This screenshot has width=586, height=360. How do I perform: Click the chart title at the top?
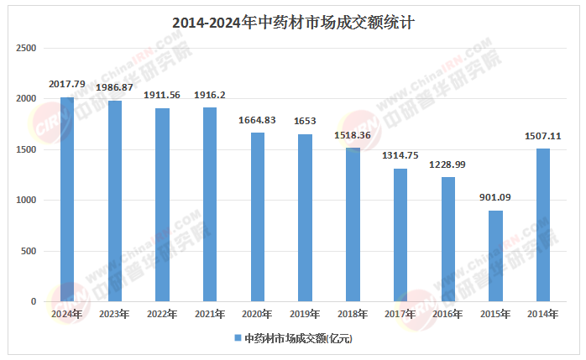[293, 23]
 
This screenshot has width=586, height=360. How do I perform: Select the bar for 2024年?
[66, 200]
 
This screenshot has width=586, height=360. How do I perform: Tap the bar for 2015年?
[495, 256]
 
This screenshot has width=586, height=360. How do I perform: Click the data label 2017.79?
[67, 84]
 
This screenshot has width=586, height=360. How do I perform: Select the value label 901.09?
[495, 197]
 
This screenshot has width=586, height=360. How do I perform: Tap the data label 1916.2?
[210, 95]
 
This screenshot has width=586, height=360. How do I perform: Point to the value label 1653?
[305, 122]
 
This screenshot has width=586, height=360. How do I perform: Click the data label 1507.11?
[543, 136]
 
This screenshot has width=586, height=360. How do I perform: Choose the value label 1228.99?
[447, 164]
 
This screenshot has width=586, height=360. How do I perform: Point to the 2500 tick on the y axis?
[27, 49]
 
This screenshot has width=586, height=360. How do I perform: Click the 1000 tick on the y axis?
[27, 201]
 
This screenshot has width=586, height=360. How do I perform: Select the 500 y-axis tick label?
[29, 251]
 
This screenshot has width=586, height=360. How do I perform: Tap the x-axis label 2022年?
[162, 314]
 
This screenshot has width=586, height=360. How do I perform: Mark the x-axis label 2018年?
[353, 314]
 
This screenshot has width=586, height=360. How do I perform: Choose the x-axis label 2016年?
[447, 314]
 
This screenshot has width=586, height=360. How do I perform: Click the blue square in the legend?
[238, 338]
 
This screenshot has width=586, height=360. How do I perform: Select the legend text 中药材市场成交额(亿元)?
[298, 338]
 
